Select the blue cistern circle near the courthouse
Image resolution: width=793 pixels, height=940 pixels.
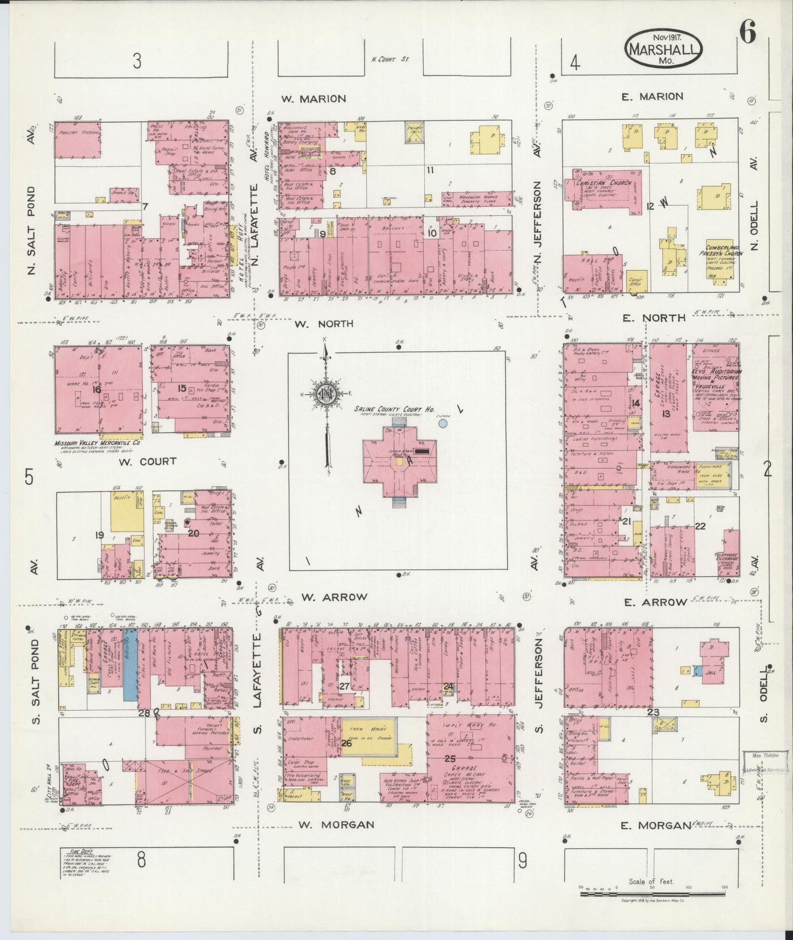click(x=443, y=423)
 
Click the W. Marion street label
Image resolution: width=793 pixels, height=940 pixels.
click(x=313, y=99)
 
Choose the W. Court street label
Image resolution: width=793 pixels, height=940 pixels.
click(x=147, y=461)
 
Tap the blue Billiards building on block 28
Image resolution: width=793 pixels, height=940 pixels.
click(x=130, y=664)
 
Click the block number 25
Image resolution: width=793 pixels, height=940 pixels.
click(x=451, y=758)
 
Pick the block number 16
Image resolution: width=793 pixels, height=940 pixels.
click(x=97, y=390)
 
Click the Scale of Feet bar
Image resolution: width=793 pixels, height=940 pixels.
click(x=653, y=897)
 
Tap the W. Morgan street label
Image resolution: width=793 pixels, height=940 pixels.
click(x=336, y=824)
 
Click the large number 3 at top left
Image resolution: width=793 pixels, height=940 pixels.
click(x=137, y=61)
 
